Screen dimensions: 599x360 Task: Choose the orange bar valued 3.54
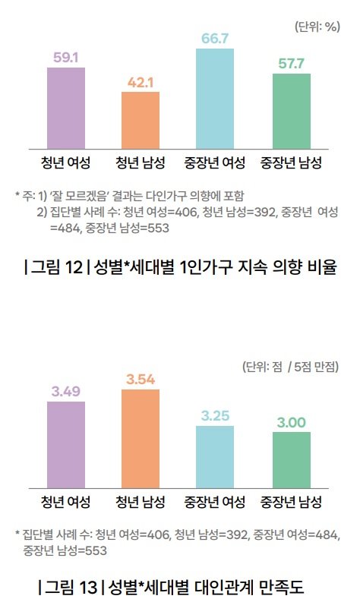coord(141,437)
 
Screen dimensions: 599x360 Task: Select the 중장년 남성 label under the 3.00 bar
coord(292,502)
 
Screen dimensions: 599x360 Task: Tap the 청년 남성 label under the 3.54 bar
coord(141,502)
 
